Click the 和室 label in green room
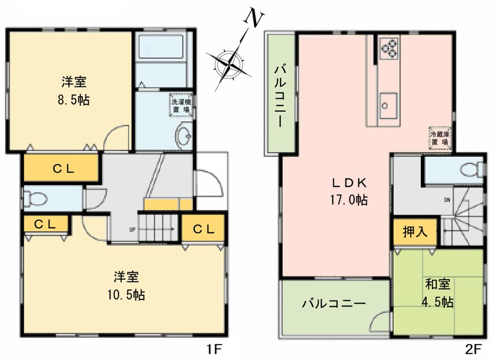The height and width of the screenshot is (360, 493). point(438,284)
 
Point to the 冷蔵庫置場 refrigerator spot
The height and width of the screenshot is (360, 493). point(439,138)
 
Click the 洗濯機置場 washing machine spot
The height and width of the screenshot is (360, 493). point(180,106)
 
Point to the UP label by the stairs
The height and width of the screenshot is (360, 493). point(132,229)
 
